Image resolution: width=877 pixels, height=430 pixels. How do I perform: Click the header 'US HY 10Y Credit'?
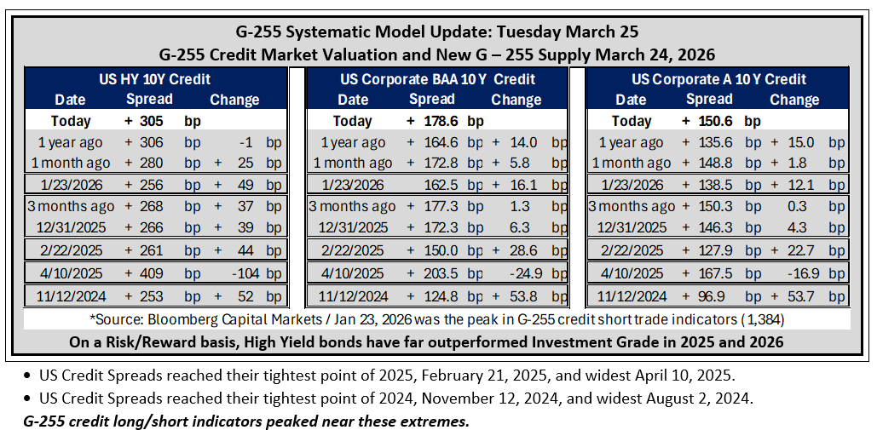[155, 78]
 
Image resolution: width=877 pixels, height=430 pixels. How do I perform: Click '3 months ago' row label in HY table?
[71, 207]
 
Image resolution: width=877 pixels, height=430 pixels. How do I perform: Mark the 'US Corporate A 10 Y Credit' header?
[718, 78]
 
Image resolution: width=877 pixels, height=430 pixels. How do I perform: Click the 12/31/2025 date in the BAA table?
[352, 228]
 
